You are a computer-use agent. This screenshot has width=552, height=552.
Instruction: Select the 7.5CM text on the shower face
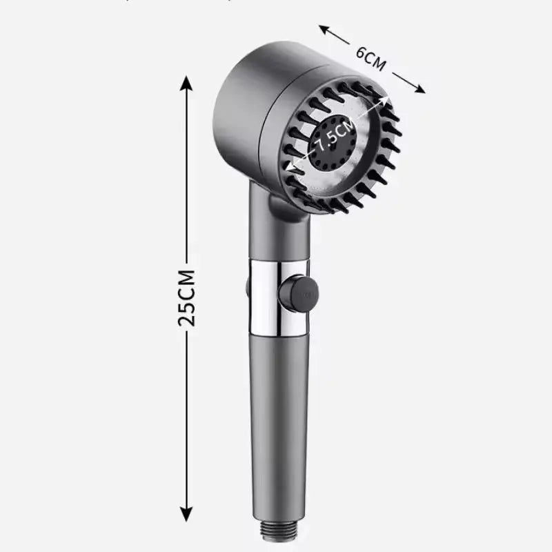click(x=336, y=135)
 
